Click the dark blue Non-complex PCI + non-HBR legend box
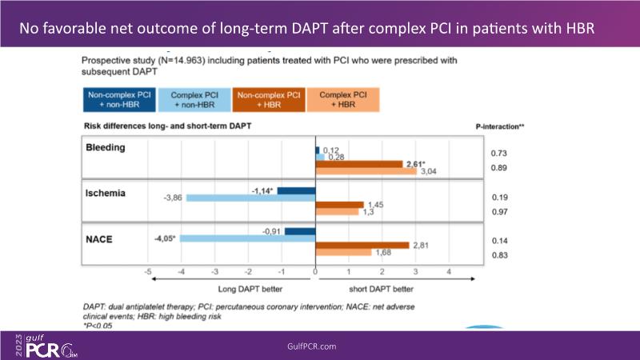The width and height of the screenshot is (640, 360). (120, 100)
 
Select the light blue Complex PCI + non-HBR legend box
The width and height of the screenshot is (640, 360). (194, 100)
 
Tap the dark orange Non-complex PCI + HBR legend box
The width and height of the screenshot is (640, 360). (270, 100)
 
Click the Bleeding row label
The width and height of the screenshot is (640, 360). (106, 148)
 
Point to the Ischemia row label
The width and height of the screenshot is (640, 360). (106, 193)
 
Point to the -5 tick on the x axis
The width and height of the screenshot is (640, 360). (148, 272)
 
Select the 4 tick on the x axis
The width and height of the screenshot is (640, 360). (449, 272)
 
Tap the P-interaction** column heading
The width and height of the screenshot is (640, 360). (499, 126)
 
